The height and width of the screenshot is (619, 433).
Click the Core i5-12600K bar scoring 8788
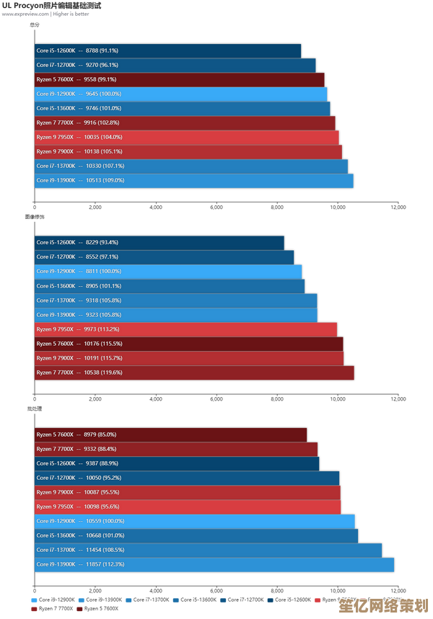pos(167,50)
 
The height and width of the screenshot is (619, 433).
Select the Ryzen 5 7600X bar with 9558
pos(179,79)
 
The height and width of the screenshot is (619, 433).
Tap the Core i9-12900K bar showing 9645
pos(180,94)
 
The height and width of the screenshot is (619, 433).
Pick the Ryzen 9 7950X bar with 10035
pos(186,137)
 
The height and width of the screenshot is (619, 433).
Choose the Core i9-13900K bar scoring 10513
pos(193,180)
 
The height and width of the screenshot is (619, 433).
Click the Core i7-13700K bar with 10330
pos(191,166)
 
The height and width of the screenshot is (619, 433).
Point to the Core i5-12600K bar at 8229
pos(159,242)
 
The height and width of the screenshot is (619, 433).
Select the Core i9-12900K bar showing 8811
pos(168,271)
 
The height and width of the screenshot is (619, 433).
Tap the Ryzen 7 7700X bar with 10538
pos(194,373)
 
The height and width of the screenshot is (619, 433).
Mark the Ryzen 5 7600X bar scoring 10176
pos(188,344)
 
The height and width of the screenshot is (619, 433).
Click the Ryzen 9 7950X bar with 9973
pos(185,329)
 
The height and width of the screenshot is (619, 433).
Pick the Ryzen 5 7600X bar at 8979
pos(170,435)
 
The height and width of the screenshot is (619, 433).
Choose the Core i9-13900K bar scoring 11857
pos(214,564)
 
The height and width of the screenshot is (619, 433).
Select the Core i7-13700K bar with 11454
pos(208,550)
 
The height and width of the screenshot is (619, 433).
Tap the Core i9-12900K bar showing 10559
pos(194,521)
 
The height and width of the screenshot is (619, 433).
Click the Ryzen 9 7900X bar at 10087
pos(187,492)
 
